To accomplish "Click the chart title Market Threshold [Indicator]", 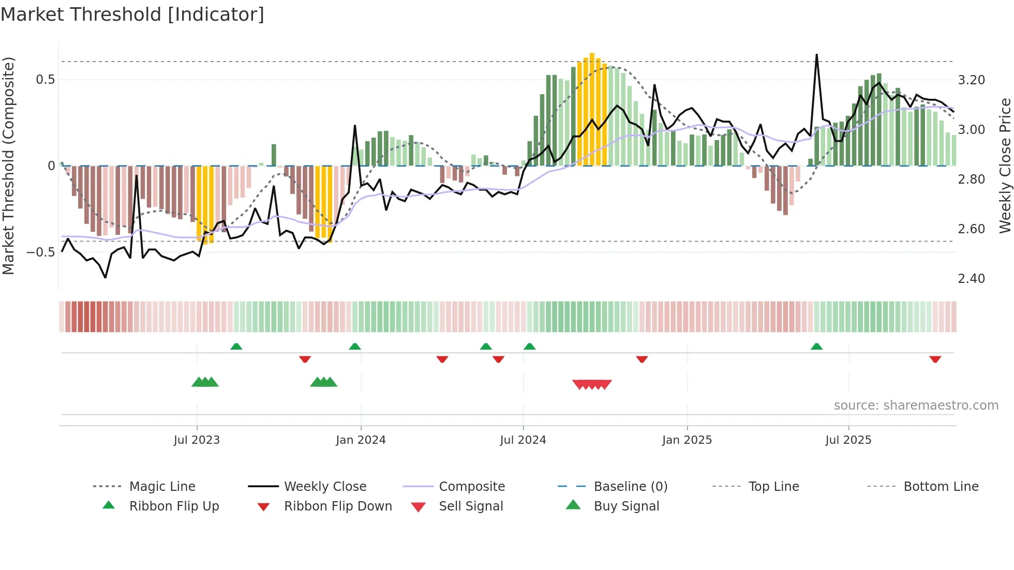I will pos(132,14).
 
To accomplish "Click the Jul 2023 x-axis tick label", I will pos(197,440).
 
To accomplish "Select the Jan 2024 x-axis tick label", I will pos(361,440).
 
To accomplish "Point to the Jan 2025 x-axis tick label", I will pos(687,440).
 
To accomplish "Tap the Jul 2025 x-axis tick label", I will pos(848,440).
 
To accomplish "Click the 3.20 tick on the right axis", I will pos(971,80).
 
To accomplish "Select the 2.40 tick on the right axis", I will pos(971,279).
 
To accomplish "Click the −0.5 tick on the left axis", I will pos(41,252).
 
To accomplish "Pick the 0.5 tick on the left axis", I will pos(45,80).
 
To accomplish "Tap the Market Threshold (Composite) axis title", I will pos(8,166).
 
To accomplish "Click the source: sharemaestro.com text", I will pos(916,406).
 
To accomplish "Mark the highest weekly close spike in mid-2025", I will pos(817,55).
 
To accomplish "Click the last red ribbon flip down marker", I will pos(935,359).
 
